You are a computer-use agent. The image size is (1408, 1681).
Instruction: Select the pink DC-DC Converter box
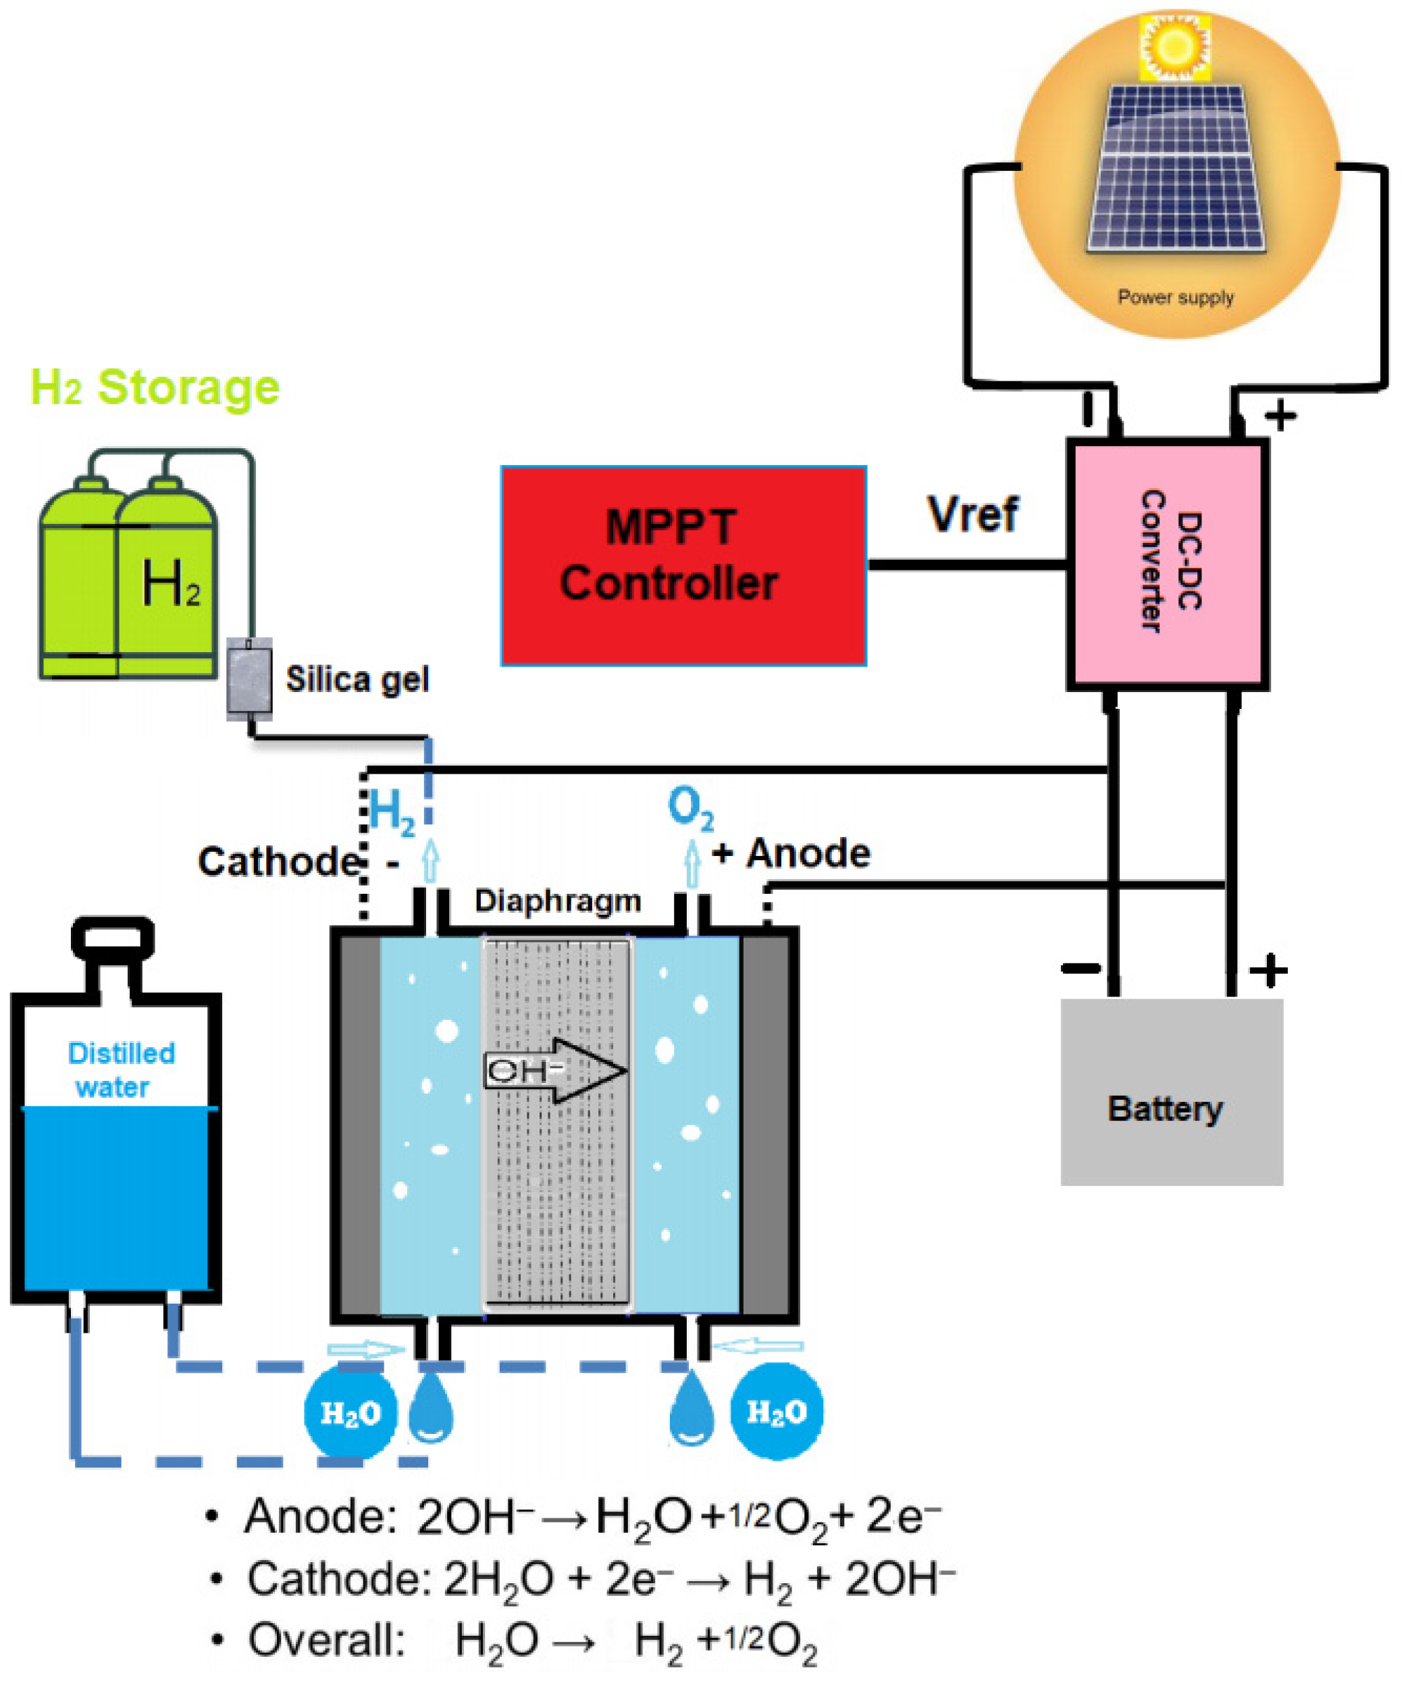pos(1167,564)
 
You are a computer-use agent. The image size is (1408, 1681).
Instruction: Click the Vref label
pos(972,514)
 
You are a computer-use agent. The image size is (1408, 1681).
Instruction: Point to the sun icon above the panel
pos(1175,47)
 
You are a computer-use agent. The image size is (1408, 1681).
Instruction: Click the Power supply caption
pos(1175,297)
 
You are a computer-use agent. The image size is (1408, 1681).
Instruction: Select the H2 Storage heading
pos(155,388)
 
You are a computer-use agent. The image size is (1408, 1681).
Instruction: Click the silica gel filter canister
pos(249,678)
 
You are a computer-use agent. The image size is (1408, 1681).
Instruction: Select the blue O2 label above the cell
pos(689,809)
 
